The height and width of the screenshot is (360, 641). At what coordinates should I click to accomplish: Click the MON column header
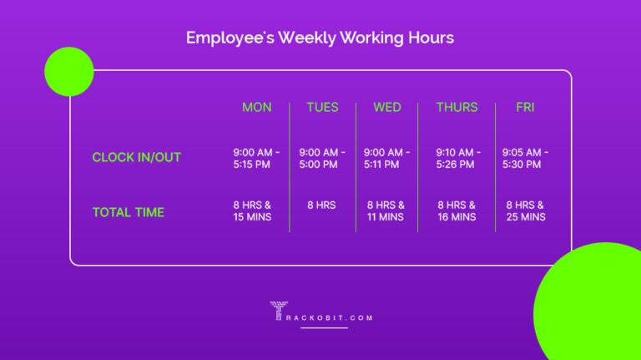[256, 107]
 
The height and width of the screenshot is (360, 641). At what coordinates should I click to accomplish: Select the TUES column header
[322, 107]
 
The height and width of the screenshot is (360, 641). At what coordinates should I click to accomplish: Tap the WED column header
[387, 107]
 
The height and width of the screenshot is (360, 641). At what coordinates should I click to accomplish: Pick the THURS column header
[457, 107]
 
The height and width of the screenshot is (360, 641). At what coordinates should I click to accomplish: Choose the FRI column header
[525, 107]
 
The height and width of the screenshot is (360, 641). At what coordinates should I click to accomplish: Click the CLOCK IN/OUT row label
[136, 157]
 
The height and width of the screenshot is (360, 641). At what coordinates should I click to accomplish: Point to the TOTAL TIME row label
[128, 212]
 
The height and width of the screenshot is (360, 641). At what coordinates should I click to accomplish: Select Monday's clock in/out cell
[256, 158]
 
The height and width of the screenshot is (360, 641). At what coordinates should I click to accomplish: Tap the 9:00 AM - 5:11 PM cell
[387, 158]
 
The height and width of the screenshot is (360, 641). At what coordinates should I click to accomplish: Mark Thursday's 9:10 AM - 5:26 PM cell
[457, 158]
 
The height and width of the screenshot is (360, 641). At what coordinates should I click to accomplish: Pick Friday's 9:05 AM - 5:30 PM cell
[526, 158]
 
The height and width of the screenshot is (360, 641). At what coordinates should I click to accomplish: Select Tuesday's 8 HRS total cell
[322, 205]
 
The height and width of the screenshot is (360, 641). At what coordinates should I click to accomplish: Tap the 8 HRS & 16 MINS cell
[457, 210]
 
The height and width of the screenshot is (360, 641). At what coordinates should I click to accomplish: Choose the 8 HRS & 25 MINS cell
[526, 210]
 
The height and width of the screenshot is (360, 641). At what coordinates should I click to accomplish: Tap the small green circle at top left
[68, 71]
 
